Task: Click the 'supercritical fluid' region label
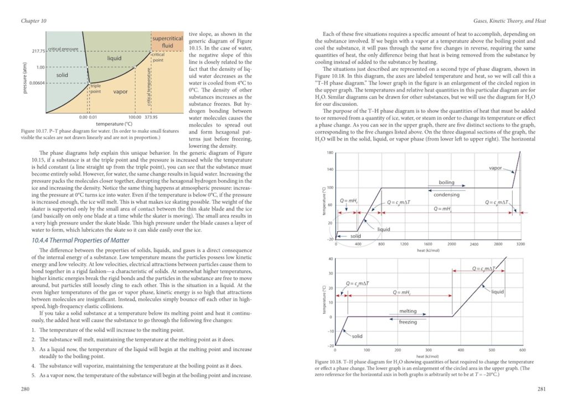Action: (x=167, y=42)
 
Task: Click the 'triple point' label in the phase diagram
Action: (x=96, y=88)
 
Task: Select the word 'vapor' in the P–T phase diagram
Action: (x=120, y=91)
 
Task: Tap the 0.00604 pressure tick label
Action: (x=34, y=83)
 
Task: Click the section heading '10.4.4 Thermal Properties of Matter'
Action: (x=82, y=240)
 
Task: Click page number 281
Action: (x=542, y=389)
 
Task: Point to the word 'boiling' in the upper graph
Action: (x=446, y=182)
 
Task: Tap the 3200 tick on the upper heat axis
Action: (x=520, y=244)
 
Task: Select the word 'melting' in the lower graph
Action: (x=408, y=311)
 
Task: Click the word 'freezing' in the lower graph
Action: (x=408, y=322)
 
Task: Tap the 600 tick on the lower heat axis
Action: (x=522, y=350)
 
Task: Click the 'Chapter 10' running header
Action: (x=33, y=21)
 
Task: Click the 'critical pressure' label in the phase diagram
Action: (x=63, y=50)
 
